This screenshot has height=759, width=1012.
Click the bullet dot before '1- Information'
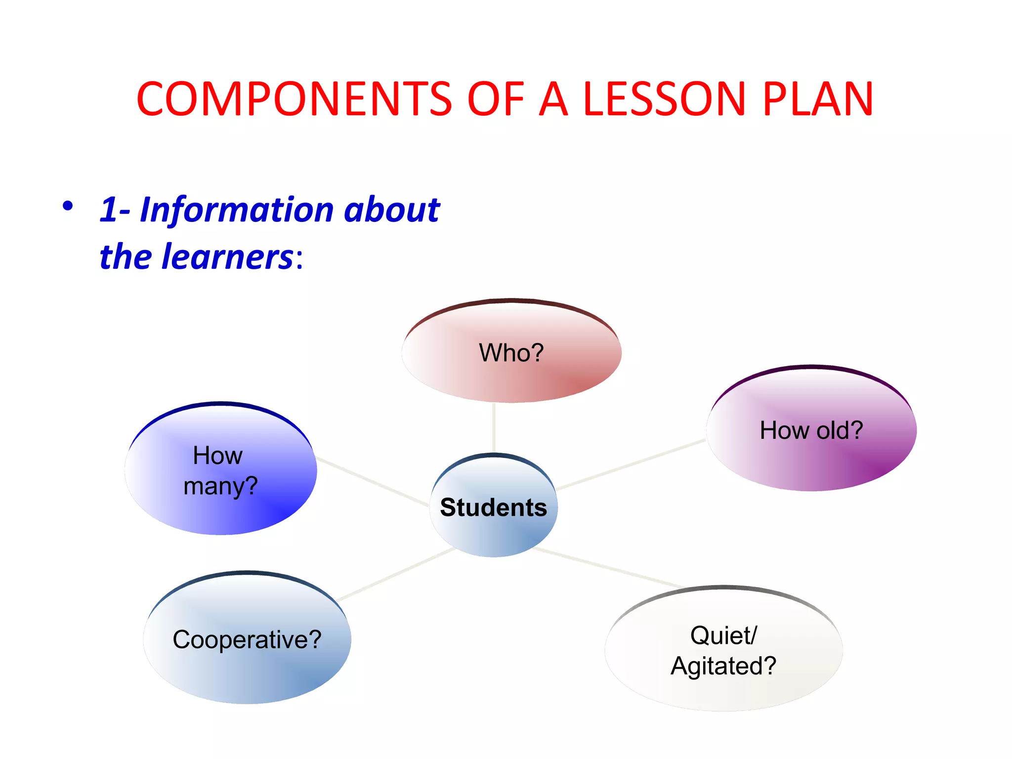point(68,206)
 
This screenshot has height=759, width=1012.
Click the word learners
point(228,257)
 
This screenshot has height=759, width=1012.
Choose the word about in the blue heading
point(391,210)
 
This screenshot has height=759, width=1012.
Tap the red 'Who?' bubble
point(511,352)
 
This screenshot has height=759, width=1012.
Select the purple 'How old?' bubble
point(811,429)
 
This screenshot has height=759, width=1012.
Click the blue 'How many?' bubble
point(220,469)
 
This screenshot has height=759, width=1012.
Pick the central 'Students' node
point(494,507)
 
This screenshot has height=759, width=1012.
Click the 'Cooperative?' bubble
point(247,639)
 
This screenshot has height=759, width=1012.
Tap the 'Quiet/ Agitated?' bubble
point(723,650)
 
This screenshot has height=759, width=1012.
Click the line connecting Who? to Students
point(494,427)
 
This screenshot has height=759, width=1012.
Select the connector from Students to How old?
point(631,464)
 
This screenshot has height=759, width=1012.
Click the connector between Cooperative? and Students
point(397,574)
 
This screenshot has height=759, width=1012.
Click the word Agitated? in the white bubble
point(723,666)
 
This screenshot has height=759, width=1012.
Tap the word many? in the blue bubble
point(220,486)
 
